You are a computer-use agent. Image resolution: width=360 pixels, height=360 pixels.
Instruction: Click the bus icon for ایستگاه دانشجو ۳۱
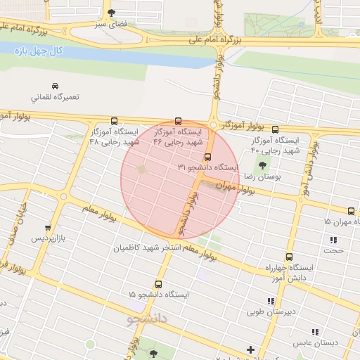pyautogui.click(x=207, y=157)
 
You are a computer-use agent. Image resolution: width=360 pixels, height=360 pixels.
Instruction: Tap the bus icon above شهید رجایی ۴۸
pyautogui.click(x=115, y=121)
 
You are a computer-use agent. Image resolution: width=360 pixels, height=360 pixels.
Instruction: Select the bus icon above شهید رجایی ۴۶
pyautogui.click(x=177, y=121)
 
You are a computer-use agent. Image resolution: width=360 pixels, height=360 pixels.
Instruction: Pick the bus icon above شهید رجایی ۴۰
pyautogui.click(x=275, y=129)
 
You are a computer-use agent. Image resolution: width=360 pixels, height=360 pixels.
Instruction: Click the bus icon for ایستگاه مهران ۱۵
pyautogui.click(x=351, y=211)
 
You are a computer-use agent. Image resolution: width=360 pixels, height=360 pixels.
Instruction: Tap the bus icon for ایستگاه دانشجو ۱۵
pyautogui.click(x=158, y=284)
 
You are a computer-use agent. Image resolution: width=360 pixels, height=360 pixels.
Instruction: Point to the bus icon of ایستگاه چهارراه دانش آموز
pyautogui.click(x=289, y=257)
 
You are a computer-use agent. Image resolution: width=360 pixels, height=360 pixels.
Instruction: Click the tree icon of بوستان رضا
pyautogui.click(x=263, y=166)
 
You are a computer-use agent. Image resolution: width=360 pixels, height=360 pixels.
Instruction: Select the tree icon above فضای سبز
pyautogui.click(x=110, y=13)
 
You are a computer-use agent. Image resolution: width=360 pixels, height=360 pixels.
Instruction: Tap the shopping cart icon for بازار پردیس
pyautogui.click(x=47, y=228)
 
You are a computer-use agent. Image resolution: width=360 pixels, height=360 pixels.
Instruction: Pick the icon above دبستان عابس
pyautogui.click(x=314, y=332)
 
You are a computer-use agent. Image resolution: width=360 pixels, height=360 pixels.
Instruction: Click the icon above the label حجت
pyautogui.click(x=333, y=239)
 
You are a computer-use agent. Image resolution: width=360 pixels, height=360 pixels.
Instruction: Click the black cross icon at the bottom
pyautogui.click(x=250, y=350)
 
